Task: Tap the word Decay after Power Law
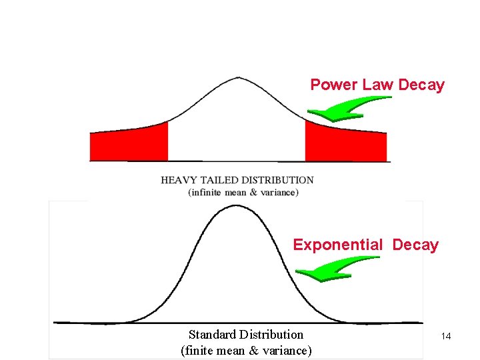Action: [421, 85]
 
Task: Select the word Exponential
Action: [338, 245]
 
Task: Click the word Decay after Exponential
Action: [415, 245]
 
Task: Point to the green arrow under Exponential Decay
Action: [333, 269]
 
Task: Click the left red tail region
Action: [129, 143]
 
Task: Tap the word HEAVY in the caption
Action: [178, 180]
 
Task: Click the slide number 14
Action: [446, 337]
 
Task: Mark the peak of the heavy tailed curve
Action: [238, 78]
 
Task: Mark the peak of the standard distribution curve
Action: [238, 205]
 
